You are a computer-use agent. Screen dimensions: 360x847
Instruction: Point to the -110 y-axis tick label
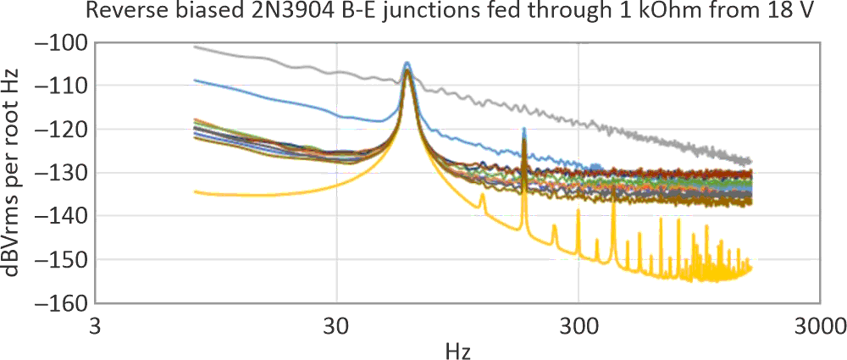pos(63,85)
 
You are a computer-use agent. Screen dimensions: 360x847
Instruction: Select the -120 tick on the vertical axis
pos(63,129)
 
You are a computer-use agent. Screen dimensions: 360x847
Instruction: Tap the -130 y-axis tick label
pos(63,172)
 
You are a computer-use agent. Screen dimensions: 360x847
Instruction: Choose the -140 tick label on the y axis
pos(63,216)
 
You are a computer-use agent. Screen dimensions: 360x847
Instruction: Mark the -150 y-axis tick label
pos(63,259)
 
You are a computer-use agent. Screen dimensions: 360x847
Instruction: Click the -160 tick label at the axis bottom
pos(63,302)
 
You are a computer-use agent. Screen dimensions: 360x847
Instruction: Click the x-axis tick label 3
pos(95,324)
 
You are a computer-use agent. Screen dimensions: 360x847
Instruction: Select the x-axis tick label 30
pos(337,324)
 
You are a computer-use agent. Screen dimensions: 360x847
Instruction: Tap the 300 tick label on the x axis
pos(579,324)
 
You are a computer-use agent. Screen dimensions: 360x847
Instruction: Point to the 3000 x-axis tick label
pos(819,324)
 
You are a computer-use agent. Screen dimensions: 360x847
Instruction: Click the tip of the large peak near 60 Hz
pos(407,63)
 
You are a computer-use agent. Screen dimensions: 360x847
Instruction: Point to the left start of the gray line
pos(195,47)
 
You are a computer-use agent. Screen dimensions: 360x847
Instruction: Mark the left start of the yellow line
pos(195,191)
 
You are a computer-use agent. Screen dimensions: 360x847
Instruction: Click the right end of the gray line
pos(750,162)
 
